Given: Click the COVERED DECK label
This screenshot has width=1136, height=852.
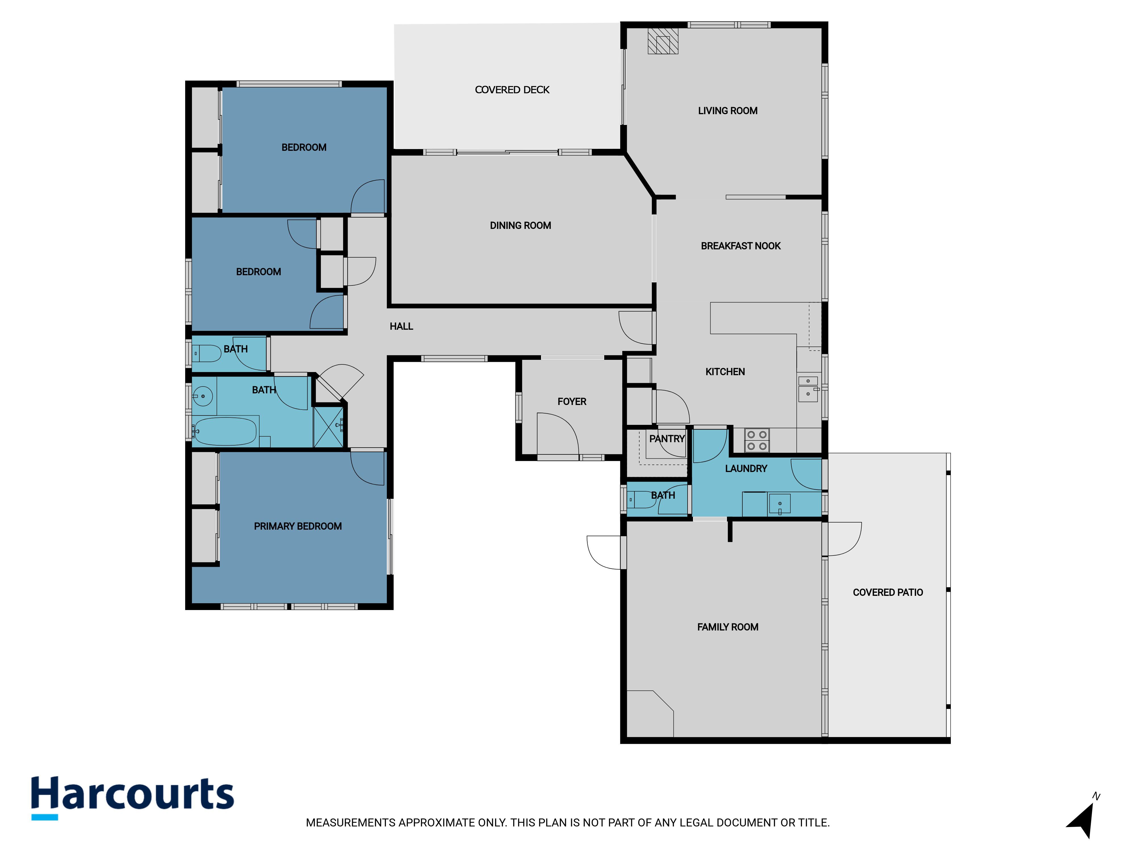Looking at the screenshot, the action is pos(512,90).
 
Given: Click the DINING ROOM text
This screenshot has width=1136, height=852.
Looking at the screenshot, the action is pos(520,225).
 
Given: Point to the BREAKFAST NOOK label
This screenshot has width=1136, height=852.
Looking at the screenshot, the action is pos(741,246).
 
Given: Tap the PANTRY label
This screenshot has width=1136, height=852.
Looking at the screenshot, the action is pos(667,438).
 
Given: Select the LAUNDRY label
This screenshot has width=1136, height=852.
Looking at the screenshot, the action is pos(746,468).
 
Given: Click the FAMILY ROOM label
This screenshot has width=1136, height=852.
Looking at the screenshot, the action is pos(727,627).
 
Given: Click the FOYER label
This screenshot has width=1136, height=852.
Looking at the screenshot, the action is pos(572,402).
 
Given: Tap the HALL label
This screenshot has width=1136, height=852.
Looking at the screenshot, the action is pos(401,326).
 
